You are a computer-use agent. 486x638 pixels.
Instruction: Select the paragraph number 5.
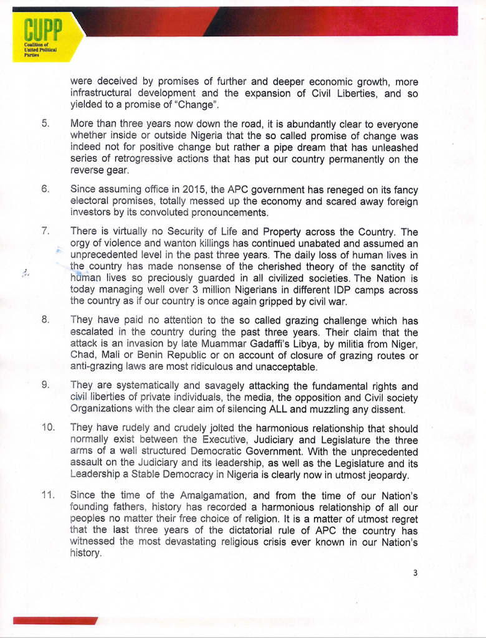[45, 123]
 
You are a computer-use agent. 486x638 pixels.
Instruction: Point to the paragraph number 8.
[45, 320]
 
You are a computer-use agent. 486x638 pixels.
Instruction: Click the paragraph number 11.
[47, 495]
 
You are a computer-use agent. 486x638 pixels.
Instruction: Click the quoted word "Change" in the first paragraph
[196, 103]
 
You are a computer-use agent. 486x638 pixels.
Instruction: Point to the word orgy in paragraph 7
[81, 243]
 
